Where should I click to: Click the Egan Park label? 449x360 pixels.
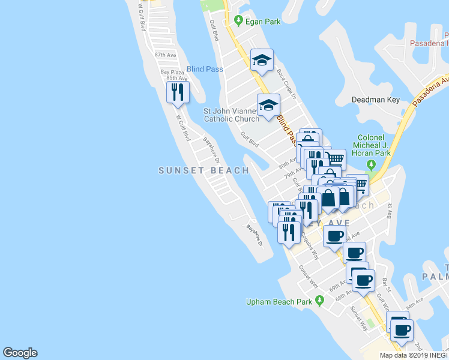(x=263, y=22)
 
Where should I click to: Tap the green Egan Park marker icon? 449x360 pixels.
(x=239, y=21)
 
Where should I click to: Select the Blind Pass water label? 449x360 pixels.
(x=205, y=69)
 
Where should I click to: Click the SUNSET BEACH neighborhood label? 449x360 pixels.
(x=203, y=170)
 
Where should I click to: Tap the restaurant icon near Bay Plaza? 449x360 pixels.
(x=178, y=92)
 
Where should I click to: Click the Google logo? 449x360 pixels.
(x=20, y=353)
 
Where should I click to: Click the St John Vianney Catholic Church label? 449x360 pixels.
(x=231, y=115)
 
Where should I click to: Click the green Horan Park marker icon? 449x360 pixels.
(x=372, y=164)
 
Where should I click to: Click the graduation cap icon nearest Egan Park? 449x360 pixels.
(x=262, y=60)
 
